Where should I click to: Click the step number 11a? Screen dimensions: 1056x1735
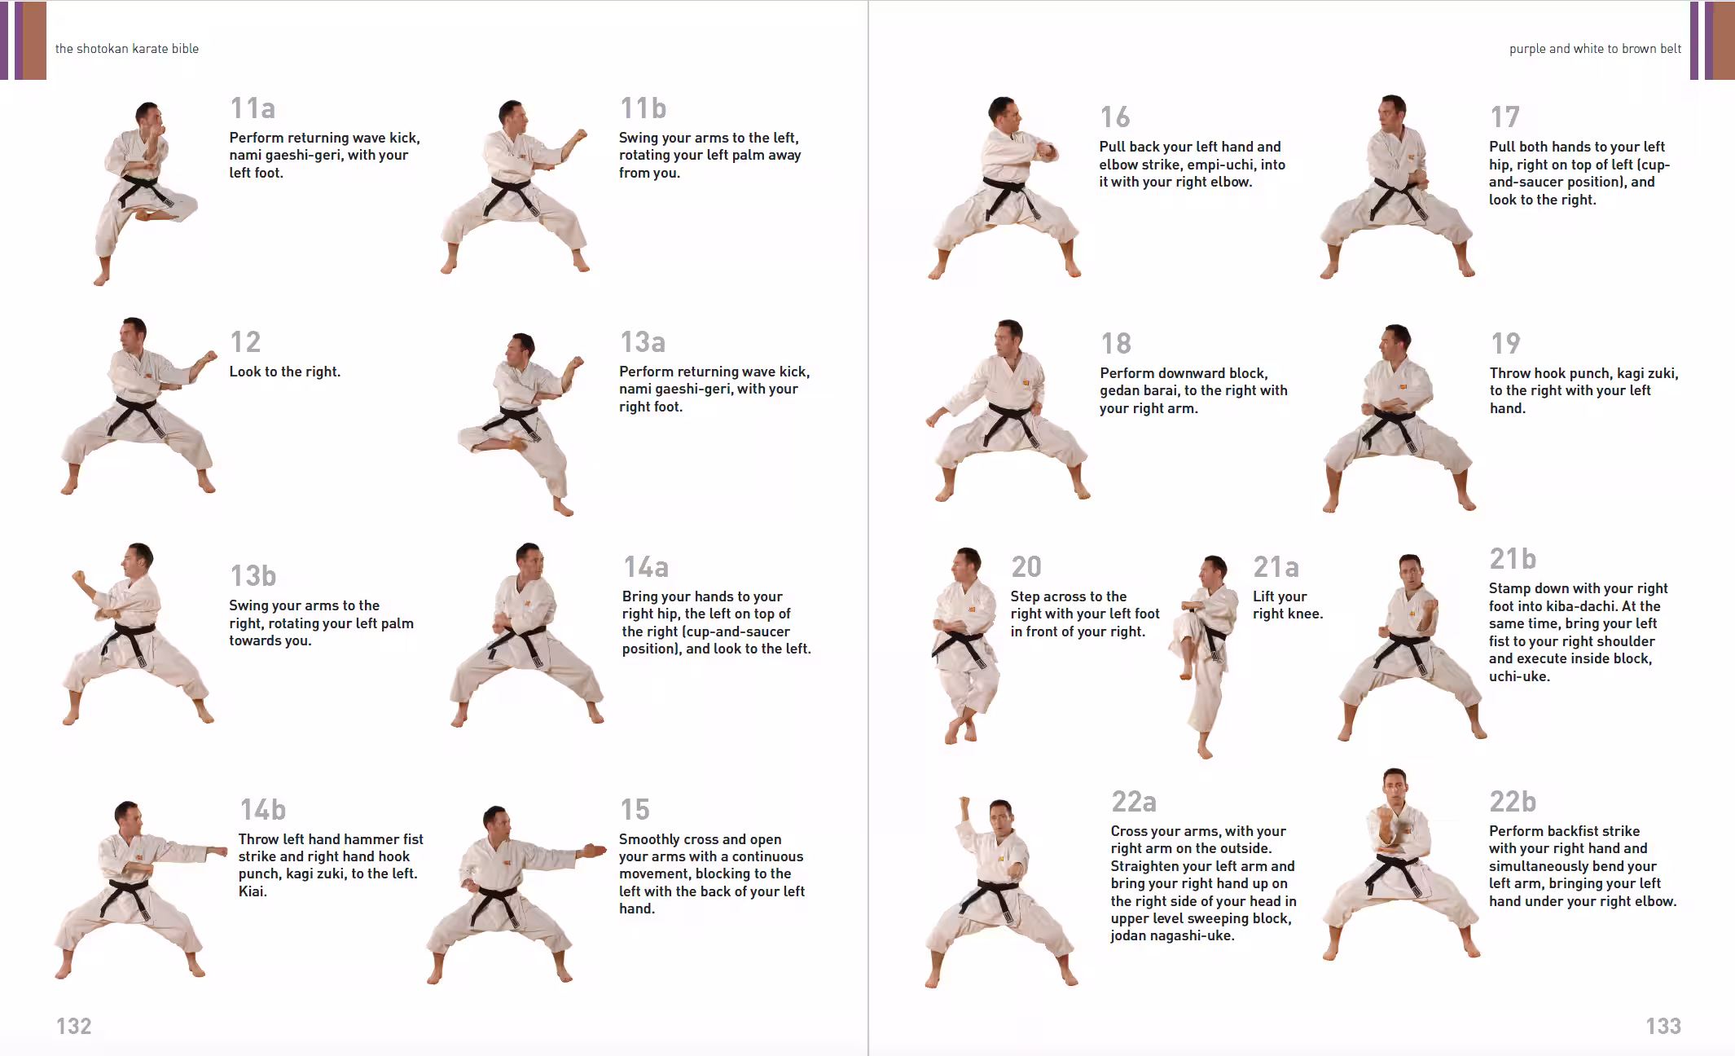tap(253, 108)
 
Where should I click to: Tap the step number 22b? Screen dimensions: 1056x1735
tap(1513, 802)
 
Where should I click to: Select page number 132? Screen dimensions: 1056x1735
tap(73, 1026)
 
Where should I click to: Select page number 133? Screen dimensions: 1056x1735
tap(1663, 1026)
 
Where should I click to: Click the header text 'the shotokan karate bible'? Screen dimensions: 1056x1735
tap(127, 49)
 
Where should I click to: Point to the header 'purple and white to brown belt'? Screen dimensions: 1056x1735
tap(1594, 49)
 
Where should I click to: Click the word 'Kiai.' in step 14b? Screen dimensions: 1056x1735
tap(253, 891)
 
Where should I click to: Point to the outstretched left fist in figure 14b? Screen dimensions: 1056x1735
tap(217, 851)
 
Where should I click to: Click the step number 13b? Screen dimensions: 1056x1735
tap(253, 576)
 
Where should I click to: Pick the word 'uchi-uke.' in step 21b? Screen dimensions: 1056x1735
tap(1519, 676)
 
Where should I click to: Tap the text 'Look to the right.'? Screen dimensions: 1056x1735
tap(284, 372)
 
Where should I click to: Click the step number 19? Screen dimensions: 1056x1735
tap(1505, 344)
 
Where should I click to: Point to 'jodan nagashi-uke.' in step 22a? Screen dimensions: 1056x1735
tap(1172, 935)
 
